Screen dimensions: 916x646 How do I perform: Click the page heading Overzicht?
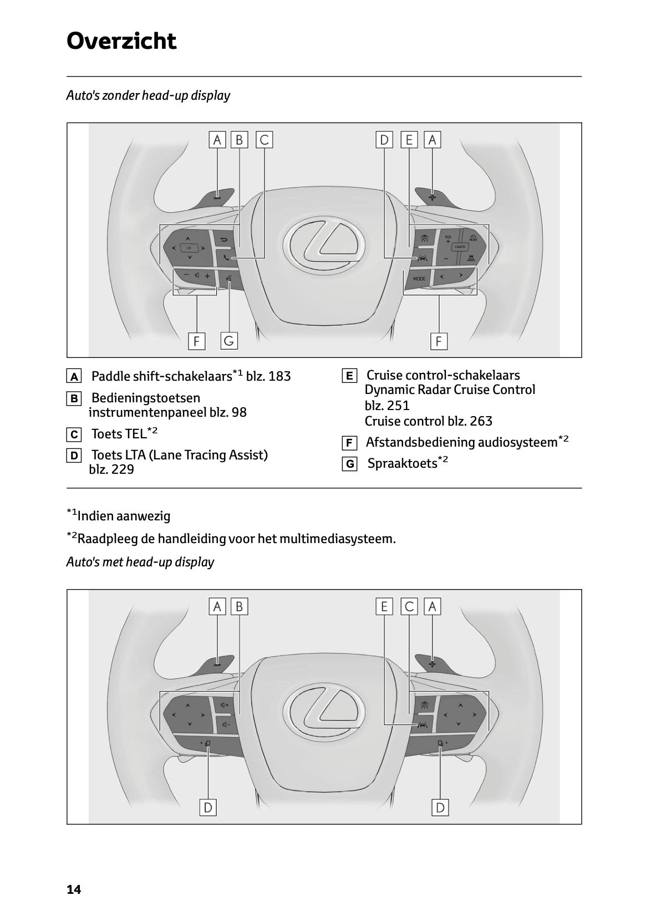coord(121,41)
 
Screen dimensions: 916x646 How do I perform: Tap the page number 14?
coord(74,889)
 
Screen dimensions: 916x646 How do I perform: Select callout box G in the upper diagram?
coord(228,341)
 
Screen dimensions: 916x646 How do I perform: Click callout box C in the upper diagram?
coord(264,140)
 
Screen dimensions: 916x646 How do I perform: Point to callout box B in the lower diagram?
coord(240,606)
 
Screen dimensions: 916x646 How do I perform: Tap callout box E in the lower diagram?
coord(384,606)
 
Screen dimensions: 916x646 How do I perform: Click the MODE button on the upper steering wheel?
coord(419,278)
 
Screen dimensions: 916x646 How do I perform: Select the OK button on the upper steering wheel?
coord(189,248)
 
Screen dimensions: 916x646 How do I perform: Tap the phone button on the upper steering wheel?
coord(224,257)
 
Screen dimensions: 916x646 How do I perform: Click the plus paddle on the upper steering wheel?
coord(432,197)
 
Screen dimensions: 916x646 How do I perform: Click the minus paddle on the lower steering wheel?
coord(217,663)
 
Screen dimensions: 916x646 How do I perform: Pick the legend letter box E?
coord(349,376)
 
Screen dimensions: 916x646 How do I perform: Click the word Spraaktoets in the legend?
coord(402,463)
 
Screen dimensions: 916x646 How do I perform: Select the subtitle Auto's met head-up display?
coord(140,562)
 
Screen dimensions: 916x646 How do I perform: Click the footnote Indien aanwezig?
coord(124,516)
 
